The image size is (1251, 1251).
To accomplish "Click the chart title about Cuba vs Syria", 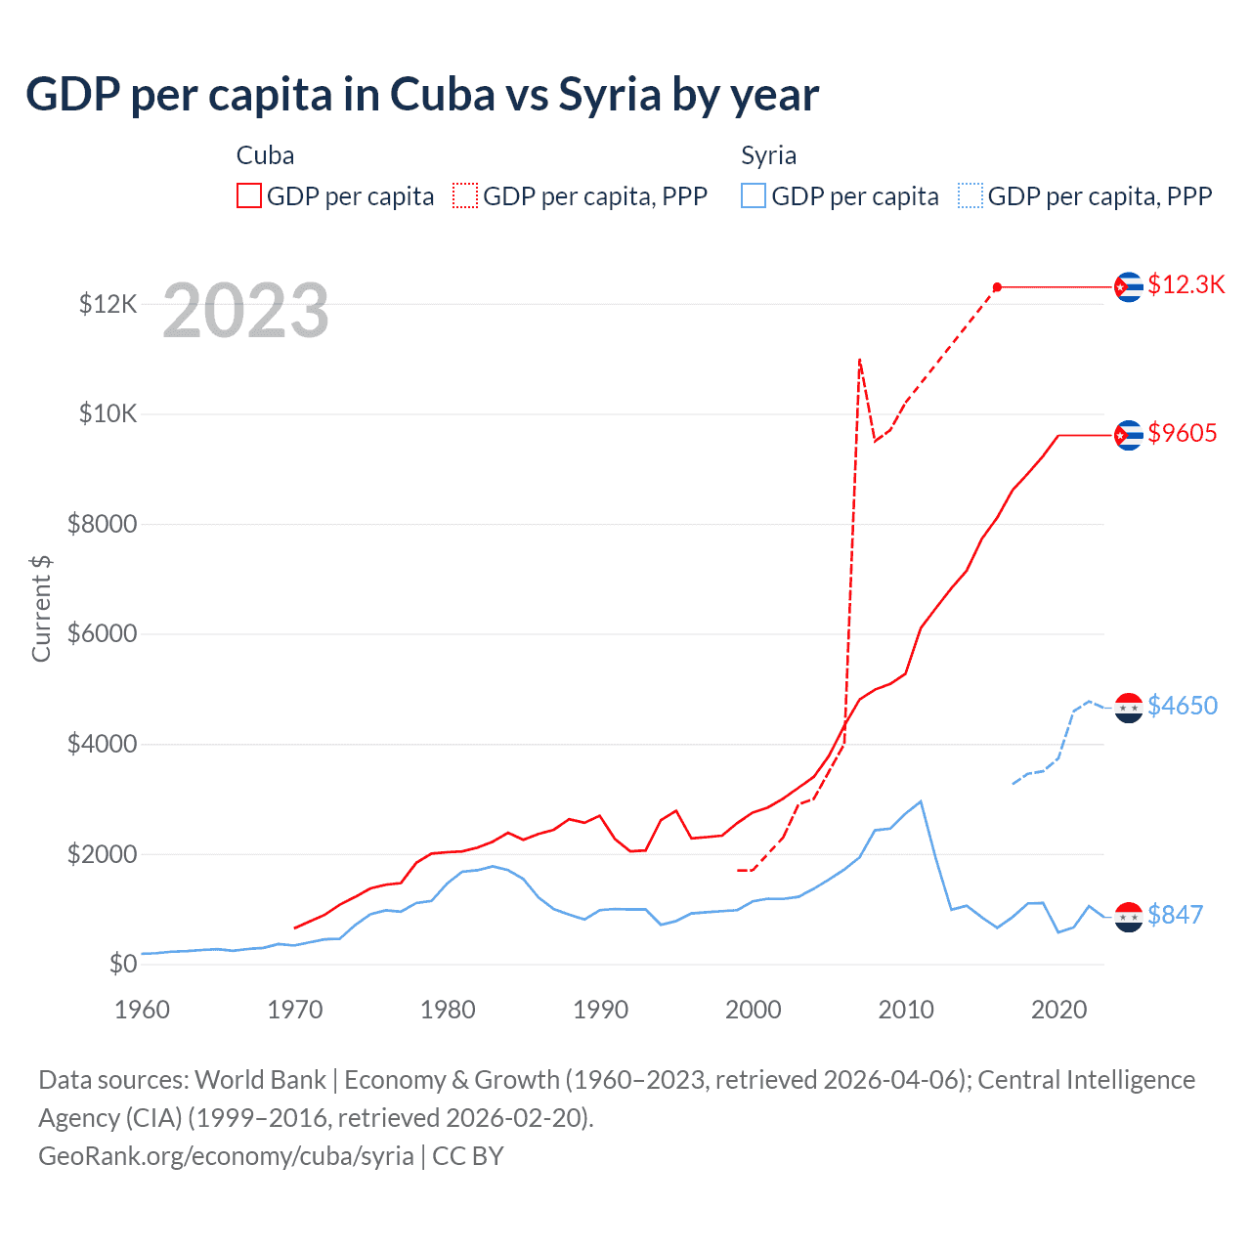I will pos(422,95).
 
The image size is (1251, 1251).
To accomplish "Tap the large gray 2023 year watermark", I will pos(245,311).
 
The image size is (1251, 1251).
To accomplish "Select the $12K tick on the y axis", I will pos(108,304).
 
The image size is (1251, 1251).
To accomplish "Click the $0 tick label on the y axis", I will pos(122,965).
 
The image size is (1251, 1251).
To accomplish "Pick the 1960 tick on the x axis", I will pos(142,1010).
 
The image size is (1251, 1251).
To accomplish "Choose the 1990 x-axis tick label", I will pos(600,1010).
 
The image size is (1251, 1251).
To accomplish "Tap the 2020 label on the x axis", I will pos(1058,1010).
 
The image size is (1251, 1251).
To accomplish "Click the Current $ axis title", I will pos(41,608).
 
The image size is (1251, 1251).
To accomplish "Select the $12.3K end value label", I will pos(1186,284).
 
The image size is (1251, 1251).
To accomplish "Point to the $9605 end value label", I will pos(1182,433).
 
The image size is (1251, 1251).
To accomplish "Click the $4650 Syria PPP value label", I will pos(1182,706).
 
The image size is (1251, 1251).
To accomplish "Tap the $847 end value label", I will pos(1175,915).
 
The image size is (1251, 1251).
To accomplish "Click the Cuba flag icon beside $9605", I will pos(1129,435).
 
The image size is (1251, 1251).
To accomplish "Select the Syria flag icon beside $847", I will pos(1129,917).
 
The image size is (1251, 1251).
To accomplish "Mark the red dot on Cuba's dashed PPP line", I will pos(997,287).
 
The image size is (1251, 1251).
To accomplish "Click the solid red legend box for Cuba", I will pos(249,196).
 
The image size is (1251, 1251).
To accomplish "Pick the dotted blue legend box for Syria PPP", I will pos(971,196).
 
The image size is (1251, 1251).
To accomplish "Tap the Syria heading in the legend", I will pos(768,156).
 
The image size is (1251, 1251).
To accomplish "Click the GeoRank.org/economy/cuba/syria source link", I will pos(226,1156).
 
